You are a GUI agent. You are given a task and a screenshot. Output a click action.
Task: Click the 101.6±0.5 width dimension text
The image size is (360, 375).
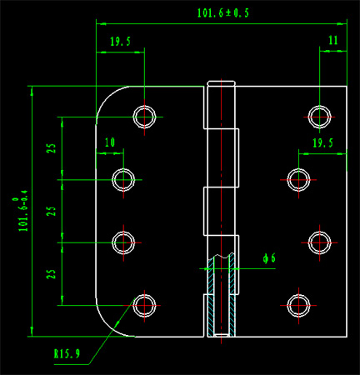[223, 13]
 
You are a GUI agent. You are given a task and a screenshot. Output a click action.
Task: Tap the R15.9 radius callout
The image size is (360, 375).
[67, 354]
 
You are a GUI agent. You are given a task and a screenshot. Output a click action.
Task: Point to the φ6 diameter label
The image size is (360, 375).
[269, 258]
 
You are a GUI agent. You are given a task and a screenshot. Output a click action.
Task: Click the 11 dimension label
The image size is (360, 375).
[333, 41]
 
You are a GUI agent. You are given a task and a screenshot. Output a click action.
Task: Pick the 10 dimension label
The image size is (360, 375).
[110, 142]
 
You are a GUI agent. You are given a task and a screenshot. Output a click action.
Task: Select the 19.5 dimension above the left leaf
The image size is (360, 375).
[120, 42]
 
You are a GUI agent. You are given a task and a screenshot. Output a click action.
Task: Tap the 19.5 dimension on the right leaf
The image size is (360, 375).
[322, 143]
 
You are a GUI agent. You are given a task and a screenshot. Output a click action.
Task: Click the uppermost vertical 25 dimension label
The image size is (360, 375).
[52, 148]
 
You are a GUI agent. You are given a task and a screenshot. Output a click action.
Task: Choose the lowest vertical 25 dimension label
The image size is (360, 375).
[52, 274]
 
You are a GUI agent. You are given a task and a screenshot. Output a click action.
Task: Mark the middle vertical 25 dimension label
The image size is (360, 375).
[52, 211]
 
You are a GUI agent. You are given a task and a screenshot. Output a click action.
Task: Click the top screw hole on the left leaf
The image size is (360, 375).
[144, 117]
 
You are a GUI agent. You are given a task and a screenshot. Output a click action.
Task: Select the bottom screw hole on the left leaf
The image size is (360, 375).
[144, 306]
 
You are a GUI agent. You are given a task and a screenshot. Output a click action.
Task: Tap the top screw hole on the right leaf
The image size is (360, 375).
[320, 117]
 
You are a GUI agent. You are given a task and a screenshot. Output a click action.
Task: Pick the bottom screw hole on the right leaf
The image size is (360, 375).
[298, 306]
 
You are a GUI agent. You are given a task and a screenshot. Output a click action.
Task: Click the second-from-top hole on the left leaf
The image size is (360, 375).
[123, 180]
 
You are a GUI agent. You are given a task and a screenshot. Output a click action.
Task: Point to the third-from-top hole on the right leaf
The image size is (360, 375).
[320, 242]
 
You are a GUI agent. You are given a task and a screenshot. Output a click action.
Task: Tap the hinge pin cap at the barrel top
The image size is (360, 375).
[222, 83]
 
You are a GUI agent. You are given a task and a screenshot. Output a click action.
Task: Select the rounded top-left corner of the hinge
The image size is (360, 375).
[106, 97]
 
